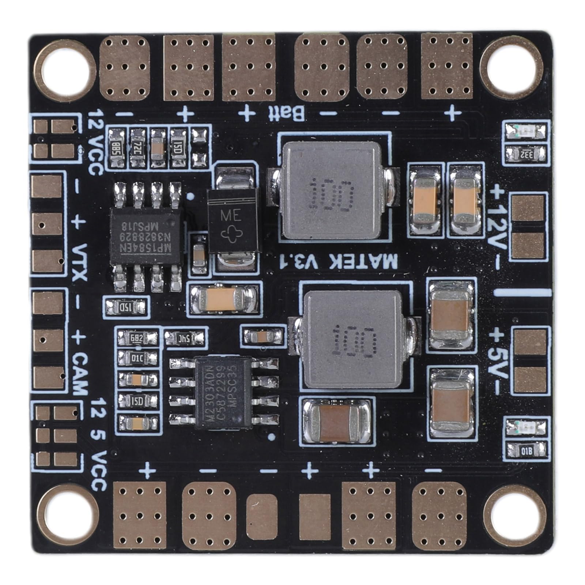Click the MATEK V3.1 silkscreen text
point(337,262)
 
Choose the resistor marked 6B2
point(138,338)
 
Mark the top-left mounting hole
point(65,71)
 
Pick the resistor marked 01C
point(138,357)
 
